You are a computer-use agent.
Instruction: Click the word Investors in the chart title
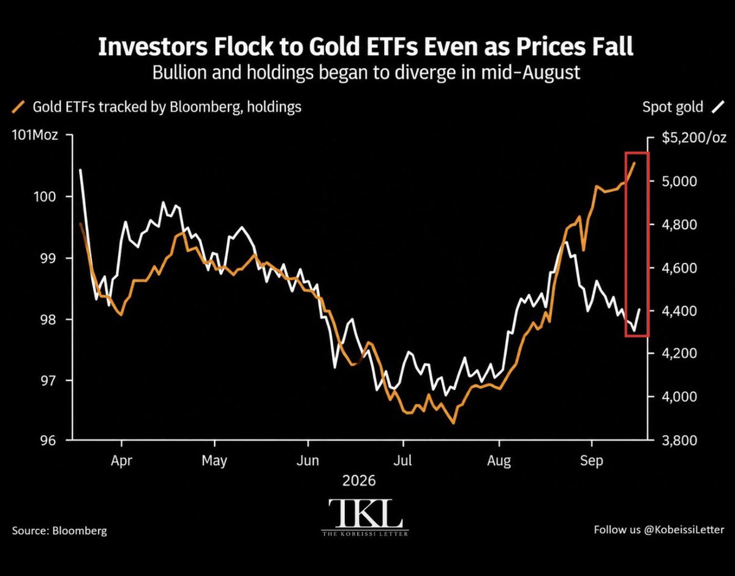(153, 47)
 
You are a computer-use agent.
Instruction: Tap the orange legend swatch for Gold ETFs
(18, 107)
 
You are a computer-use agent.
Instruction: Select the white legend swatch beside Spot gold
(718, 107)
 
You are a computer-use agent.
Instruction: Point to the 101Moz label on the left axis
(35, 135)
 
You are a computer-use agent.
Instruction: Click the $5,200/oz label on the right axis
(694, 138)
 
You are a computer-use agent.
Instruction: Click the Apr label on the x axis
(121, 461)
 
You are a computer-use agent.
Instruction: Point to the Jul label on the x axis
(402, 460)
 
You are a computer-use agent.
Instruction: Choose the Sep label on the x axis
(592, 461)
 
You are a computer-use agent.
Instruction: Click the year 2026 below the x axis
(359, 480)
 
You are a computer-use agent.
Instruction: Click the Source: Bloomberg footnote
(59, 530)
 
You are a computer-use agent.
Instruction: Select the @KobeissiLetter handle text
(684, 529)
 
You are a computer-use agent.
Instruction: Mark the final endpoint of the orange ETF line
(634, 163)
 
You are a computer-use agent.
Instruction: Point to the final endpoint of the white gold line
(639, 309)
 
